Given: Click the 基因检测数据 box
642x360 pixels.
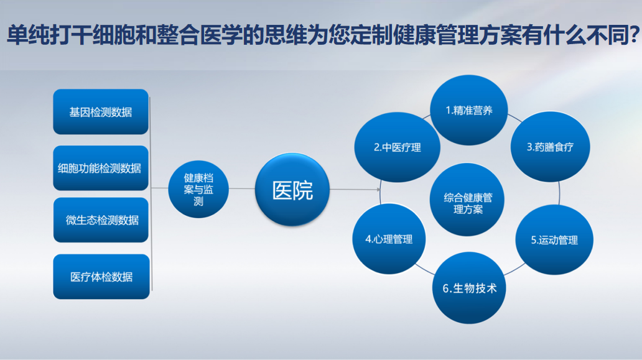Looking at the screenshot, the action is click(x=101, y=112).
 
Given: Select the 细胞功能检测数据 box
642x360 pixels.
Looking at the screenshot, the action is click(x=101, y=168).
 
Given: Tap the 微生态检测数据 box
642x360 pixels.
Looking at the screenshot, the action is click(x=101, y=220).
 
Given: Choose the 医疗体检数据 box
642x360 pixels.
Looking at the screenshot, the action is click(x=101, y=277).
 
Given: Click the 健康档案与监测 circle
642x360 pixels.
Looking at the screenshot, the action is click(x=198, y=189).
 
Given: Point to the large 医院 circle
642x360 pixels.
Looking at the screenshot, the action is click(x=292, y=190).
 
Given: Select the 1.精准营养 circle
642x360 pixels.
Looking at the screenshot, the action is click(x=469, y=110).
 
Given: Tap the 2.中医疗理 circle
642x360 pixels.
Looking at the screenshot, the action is click(x=397, y=147).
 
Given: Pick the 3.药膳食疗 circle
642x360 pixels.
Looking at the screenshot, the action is click(x=551, y=147).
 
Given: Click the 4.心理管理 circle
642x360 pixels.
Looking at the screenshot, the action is click(x=389, y=239).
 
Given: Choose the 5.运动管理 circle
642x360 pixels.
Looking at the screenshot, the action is click(x=554, y=240).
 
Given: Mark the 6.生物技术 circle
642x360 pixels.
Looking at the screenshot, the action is click(x=469, y=288).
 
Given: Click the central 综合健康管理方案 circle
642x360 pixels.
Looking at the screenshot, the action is click(x=468, y=200).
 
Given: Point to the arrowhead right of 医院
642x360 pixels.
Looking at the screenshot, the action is click(x=378, y=190).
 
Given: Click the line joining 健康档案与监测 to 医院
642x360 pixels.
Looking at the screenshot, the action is click(x=241, y=188).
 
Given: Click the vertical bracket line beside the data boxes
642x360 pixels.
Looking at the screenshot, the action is click(x=151, y=194).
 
